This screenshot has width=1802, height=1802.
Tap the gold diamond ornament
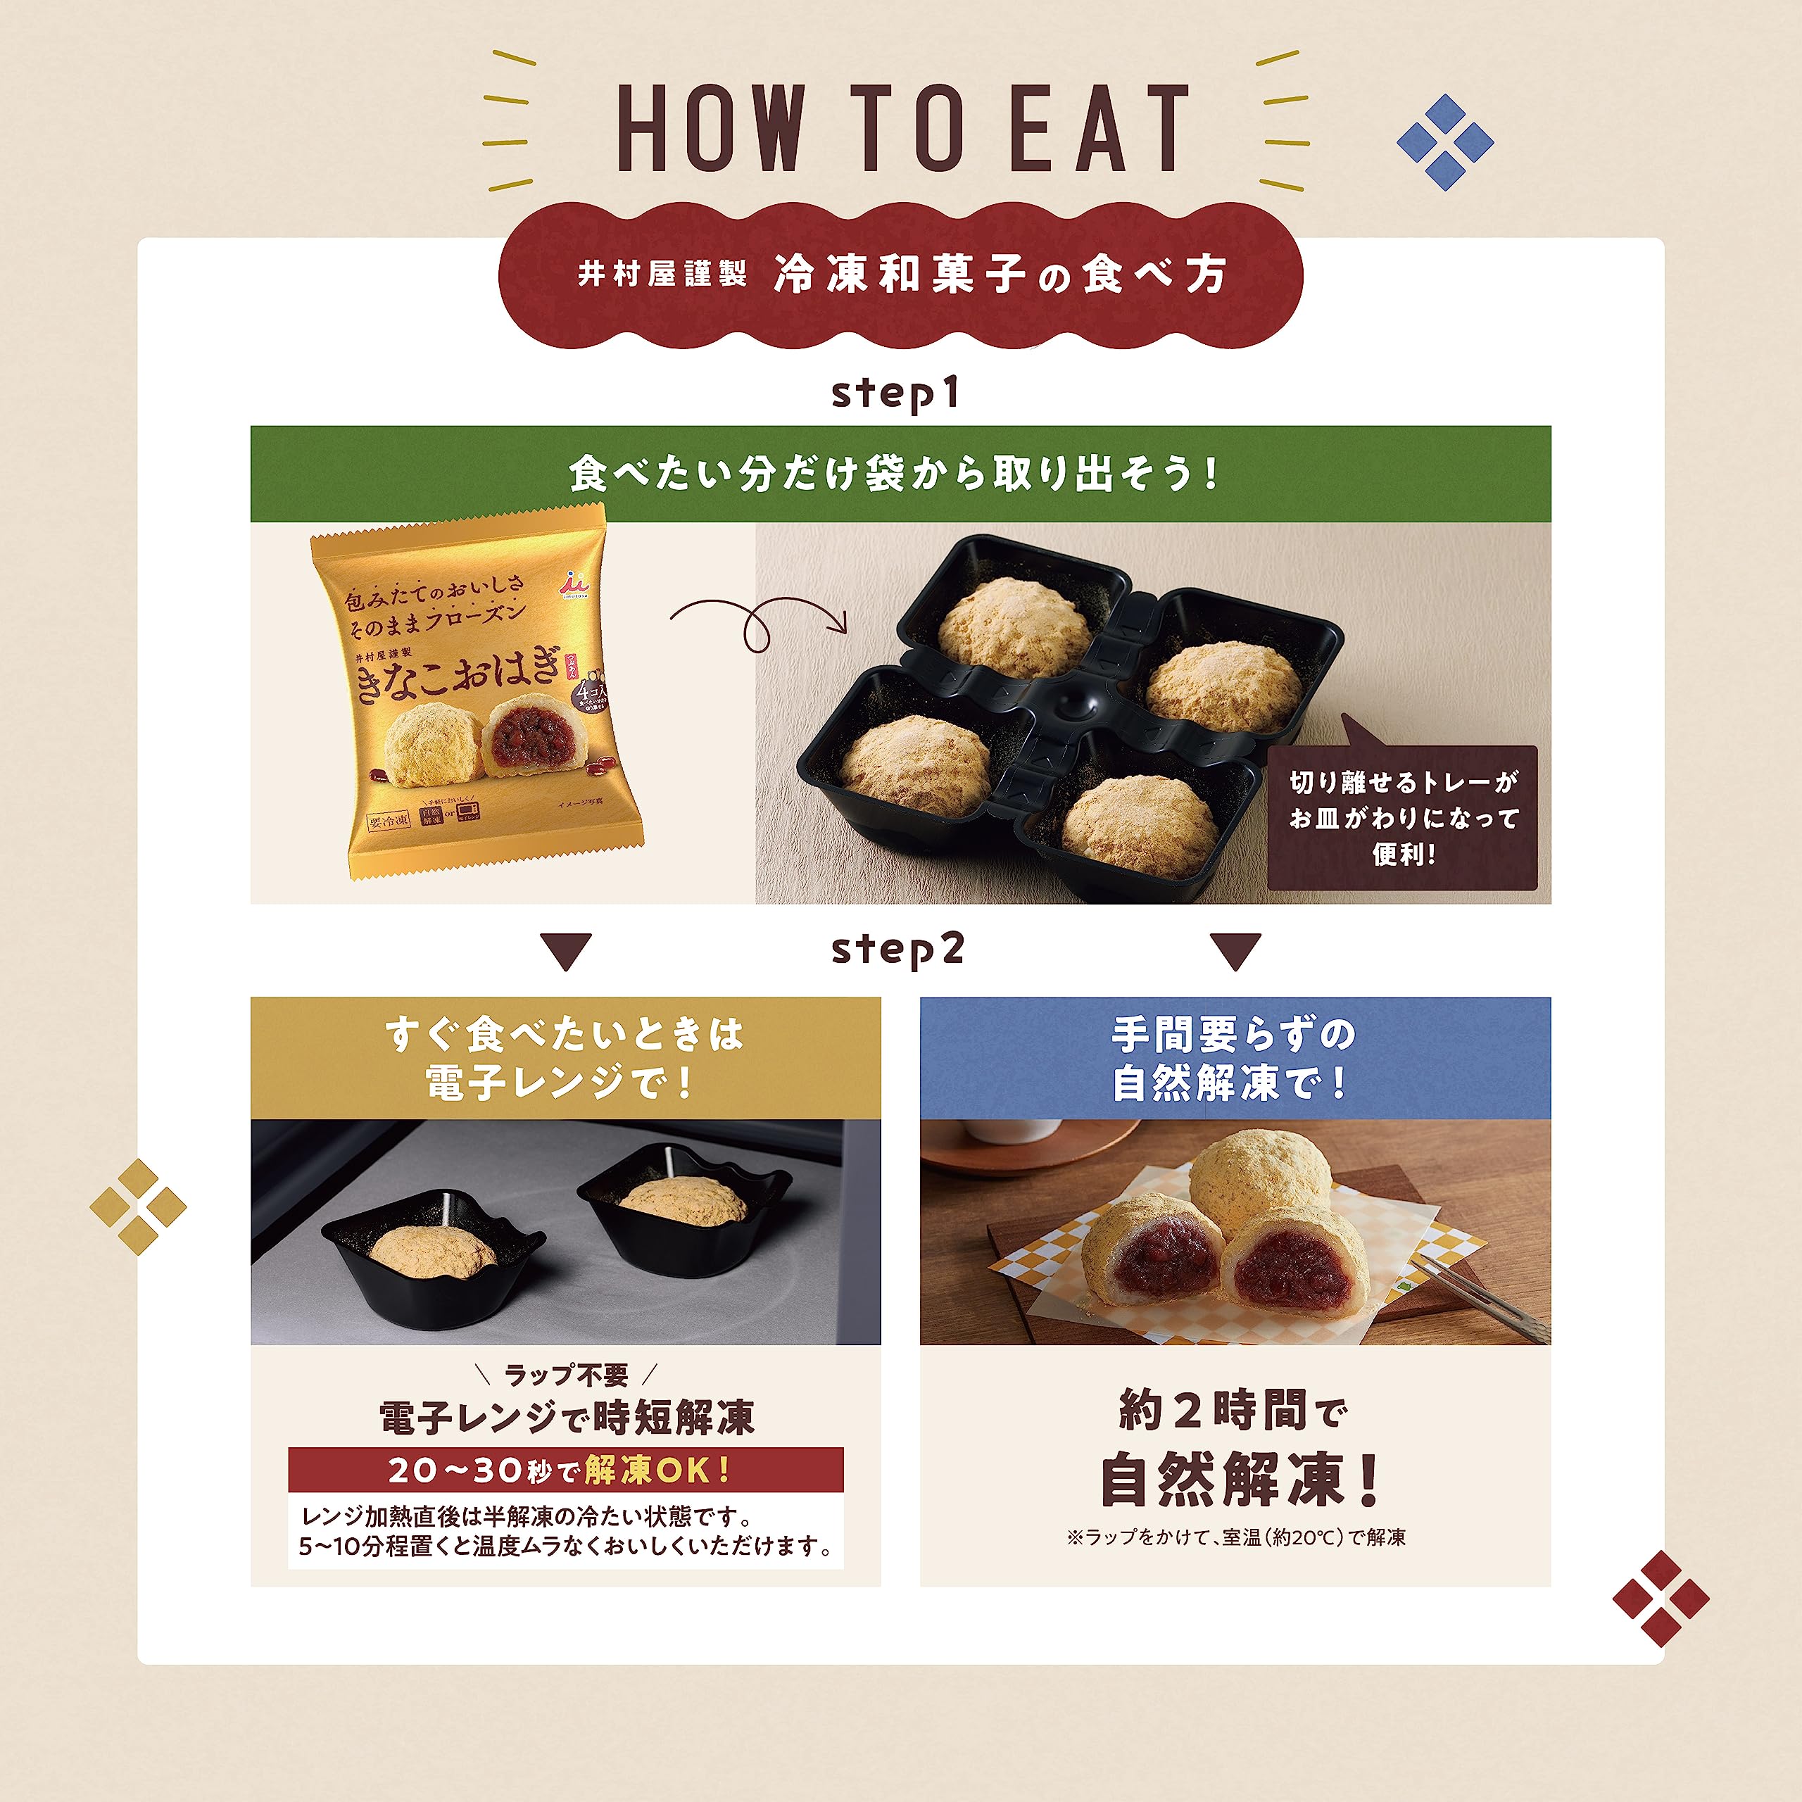(x=138, y=1207)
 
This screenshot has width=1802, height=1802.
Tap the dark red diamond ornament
(x=1661, y=1599)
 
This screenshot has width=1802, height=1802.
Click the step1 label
(x=895, y=393)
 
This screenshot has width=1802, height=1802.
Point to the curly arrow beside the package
(x=755, y=623)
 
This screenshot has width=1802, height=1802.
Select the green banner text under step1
(x=893, y=474)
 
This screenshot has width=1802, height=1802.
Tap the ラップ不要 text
(x=565, y=1375)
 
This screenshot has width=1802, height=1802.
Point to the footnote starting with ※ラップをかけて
(x=1236, y=1537)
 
